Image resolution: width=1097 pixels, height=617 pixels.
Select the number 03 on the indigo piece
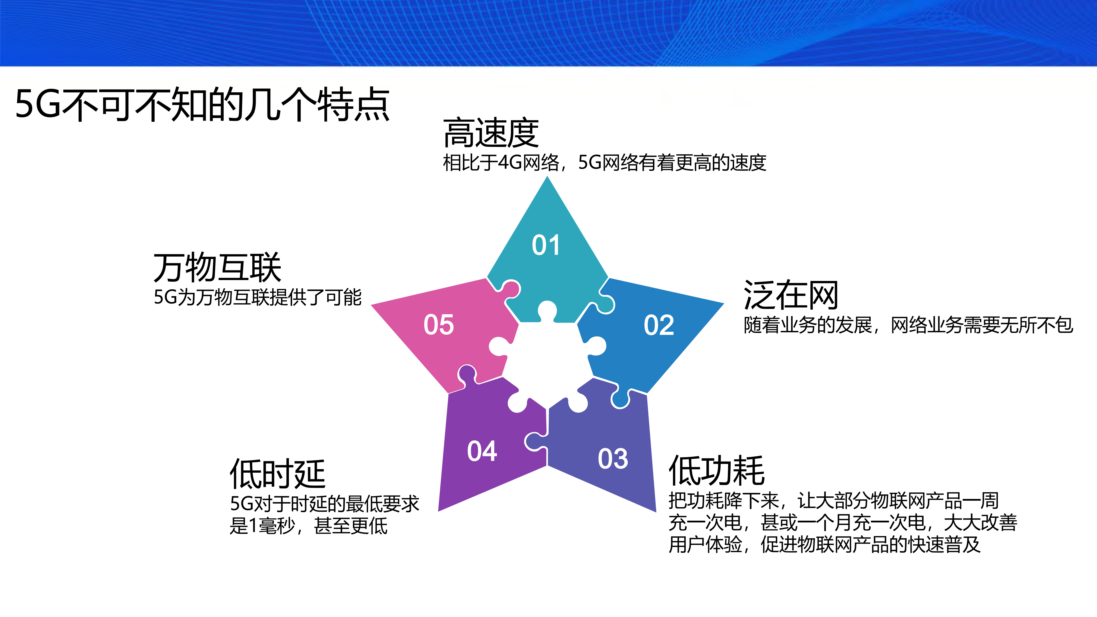pyautogui.click(x=613, y=459)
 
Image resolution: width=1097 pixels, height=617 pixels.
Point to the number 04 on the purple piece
pyautogui.click(x=482, y=451)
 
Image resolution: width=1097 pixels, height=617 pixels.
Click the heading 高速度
pyautogui.click(x=491, y=133)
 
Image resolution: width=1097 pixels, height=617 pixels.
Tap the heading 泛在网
pyautogui.click(x=791, y=295)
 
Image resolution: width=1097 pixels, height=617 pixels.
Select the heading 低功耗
pyautogui.click(x=717, y=470)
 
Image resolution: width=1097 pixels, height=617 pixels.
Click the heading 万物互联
pyautogui.click(x=217, y=267)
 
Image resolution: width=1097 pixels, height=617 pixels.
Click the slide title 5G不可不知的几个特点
pyautogui.click(x=202, y=104)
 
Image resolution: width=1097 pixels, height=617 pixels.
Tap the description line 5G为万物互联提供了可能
pyautogui.click(x=257, y=297)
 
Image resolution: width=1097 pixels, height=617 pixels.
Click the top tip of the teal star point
pyautogui.click(x=547, y=179)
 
